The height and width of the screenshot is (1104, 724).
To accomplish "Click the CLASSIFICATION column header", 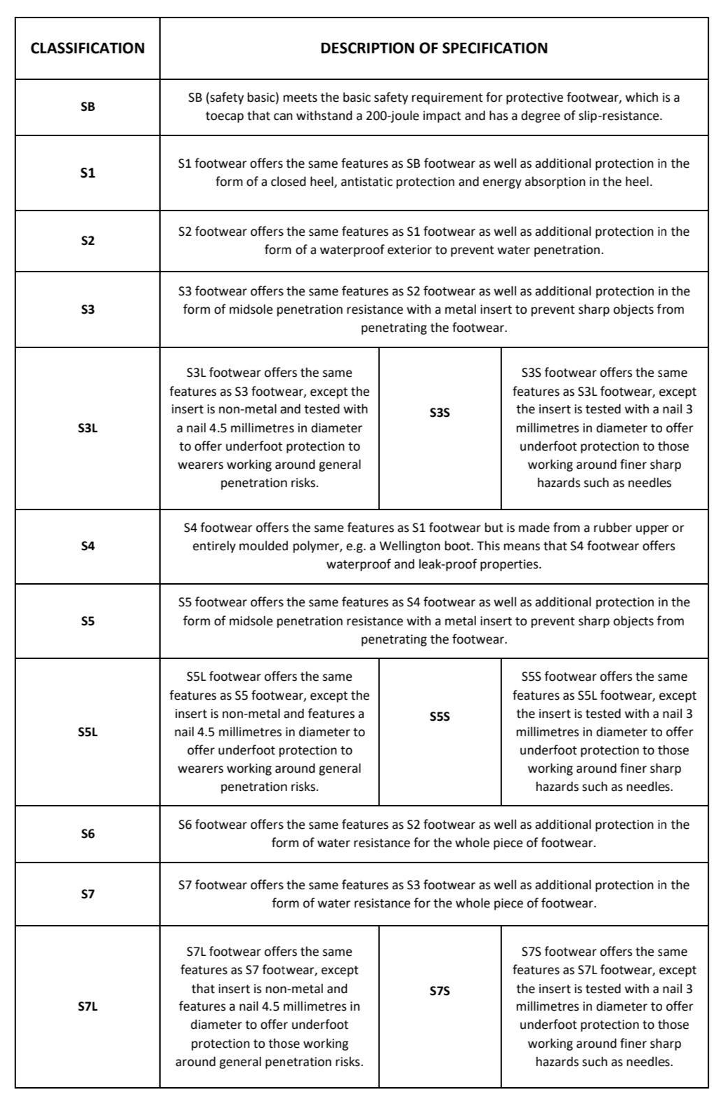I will click(x=88, y=48).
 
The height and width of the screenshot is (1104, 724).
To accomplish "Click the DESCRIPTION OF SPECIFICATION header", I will click(x=434, y=48).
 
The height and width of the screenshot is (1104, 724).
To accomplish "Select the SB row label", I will click(x=88, y=107).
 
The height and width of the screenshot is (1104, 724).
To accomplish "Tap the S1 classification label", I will click(x=88, y=173).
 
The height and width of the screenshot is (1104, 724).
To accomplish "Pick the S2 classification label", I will click(x=88, y=241).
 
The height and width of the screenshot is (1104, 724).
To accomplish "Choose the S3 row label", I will click(x=88, y=309).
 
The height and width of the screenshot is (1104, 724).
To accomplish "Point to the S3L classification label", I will click(x=88, y=427).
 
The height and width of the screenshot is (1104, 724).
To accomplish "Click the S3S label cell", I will click(x=440, y=413).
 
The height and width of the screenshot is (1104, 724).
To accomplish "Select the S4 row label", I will click(x=88, y=545).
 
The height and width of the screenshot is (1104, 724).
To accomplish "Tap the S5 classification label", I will click(x=88, y=620).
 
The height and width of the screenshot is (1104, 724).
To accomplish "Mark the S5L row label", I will click(x=88, y=732).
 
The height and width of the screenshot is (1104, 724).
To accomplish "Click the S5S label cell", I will click(x=440, y=717).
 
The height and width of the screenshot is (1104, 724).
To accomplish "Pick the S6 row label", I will click(x=88, y=834).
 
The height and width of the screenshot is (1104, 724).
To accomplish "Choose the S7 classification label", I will click(x=88, y=894).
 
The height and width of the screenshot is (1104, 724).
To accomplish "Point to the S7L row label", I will click(x=88, y=1006).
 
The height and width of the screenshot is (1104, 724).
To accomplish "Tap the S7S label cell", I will click(x=440, y=991).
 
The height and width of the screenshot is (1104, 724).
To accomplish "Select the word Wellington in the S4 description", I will click(x=427, y=546).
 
